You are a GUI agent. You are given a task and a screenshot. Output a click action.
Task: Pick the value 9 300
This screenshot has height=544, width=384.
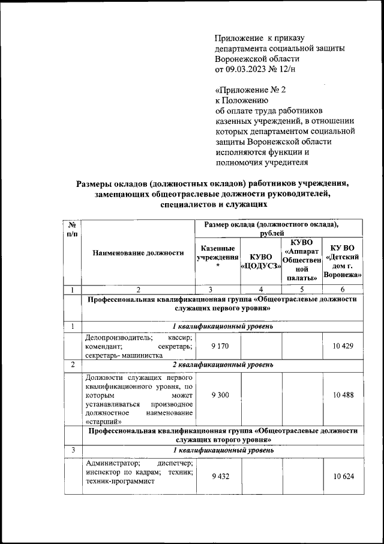click(x=218, y=398)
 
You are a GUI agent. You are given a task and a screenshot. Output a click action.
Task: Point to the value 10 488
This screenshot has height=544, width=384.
click(x=343, y=398)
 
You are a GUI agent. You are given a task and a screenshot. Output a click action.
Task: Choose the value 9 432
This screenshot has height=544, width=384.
click(x=218, y=475)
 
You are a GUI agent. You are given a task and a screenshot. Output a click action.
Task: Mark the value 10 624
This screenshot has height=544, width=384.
click(x=343, y=475)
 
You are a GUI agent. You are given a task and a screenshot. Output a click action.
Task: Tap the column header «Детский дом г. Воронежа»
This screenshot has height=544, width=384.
click(x=343, y=261)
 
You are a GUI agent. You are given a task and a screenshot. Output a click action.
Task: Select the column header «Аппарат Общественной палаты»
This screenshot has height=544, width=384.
click(x=302, y=260)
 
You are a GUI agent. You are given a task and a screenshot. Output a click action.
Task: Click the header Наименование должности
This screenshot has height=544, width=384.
click(x=138, y=253)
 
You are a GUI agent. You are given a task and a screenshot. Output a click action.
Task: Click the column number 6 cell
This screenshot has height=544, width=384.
click(x=343, y=290)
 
